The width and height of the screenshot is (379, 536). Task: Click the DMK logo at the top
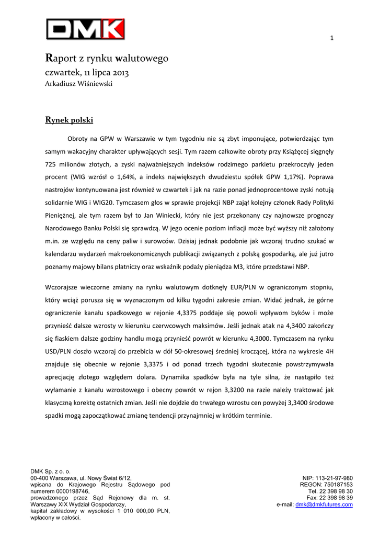click(x=85, y=29)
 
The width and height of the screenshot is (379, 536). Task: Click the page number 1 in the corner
click(x=331, y=38)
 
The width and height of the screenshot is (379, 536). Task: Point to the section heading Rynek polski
click(x=70, y=120)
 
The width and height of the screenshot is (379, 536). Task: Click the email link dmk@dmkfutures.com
click(x=324, y=505)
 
